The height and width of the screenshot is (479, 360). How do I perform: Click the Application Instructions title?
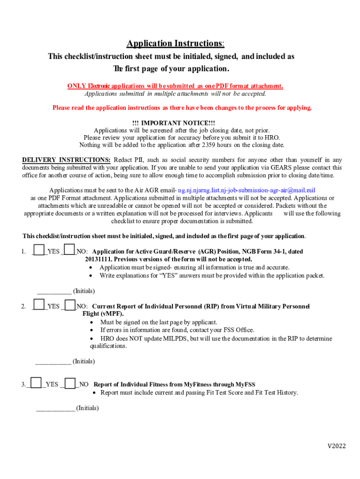pos(175,44)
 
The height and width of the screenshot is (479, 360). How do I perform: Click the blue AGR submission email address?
pos(246,190)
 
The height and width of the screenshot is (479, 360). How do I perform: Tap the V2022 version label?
pos(336,446)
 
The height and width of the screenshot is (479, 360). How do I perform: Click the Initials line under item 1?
pos(54,290)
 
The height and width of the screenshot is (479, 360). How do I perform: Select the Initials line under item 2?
pos(53,361)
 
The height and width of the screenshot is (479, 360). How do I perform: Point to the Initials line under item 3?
pos(55,408)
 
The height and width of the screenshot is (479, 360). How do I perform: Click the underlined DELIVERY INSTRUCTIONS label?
pos(66,160)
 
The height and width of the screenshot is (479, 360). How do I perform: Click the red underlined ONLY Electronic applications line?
pos(175,86)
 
